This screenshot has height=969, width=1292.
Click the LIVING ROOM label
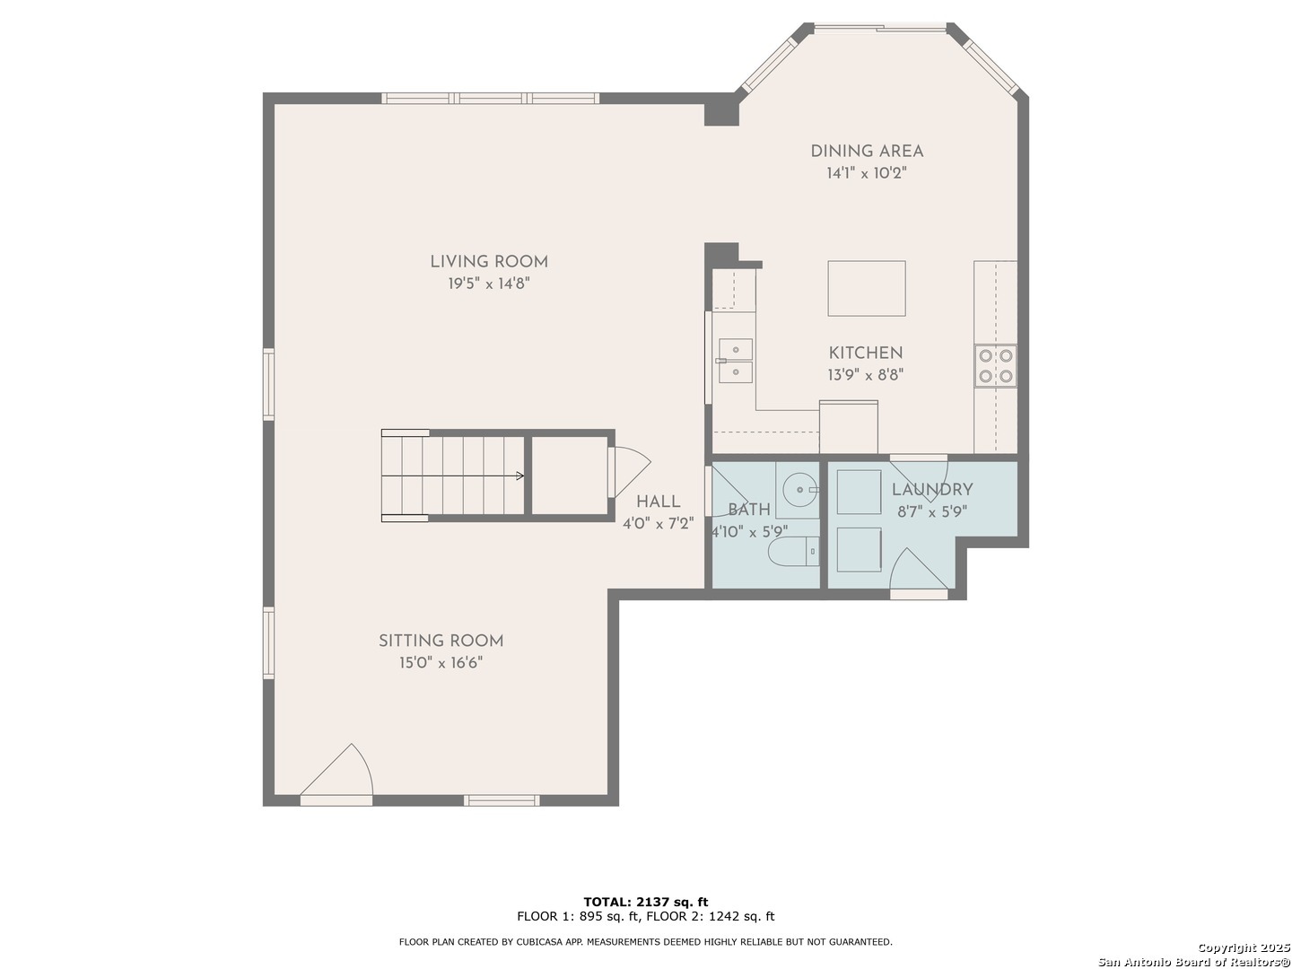[x=489, y=262]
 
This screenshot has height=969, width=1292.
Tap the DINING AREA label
[x=867, y=152]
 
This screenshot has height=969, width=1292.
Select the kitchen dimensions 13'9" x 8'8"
[x=865, y=375]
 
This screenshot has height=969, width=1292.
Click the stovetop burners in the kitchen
[x=995, y=365]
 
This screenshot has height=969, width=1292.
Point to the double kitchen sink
[x=735, y=361]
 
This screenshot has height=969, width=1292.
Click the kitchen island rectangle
[x=867, y=288]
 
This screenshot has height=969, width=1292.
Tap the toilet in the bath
[x=794, y=551]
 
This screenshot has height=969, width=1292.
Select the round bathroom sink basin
[x=800, y=490]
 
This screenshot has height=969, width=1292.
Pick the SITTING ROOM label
[x=441, y=641]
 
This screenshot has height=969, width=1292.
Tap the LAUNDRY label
[x=932, y=490]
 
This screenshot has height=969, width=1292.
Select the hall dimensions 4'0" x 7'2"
[x=658, y=524]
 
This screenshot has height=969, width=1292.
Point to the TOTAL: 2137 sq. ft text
[x=646, y=902]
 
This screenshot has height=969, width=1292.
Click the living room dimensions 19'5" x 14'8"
[x=489, y=284]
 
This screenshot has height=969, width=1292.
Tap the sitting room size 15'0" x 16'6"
[x=441, y=663]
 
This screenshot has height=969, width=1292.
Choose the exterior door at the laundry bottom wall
[x=919, y=594]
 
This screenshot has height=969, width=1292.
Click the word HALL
[x=658, y=502]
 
